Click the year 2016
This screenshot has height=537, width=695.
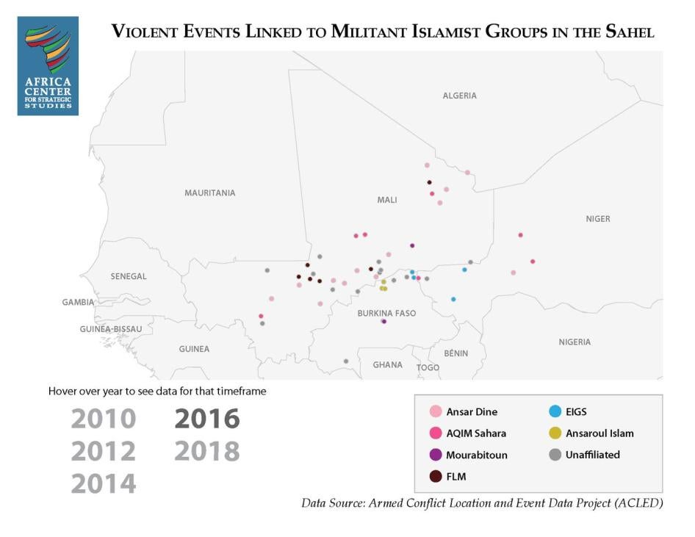[x=206, y=419]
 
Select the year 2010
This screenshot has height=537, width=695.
[x=104, y=419]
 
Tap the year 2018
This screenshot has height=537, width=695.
[x=206, y=451]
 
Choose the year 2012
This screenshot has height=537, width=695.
[x=104, y=451]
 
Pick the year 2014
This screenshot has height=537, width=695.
[x=104, y=483]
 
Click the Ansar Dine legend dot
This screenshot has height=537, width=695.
[x=436, y=412]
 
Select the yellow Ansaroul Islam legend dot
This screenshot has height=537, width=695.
[x=555, y=433]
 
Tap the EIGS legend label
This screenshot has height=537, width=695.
[x=576, y=412]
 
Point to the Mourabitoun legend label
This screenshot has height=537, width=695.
[x=477, y=455]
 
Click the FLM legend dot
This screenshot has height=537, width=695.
[x=436, y=477]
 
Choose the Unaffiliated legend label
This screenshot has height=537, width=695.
[x=592, y=455]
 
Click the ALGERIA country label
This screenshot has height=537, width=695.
[x=459, y=95]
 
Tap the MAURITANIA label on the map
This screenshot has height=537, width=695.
[x=209, y=193]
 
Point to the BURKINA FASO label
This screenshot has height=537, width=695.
[x=386, y=313]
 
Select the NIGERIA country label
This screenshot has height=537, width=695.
[x=574, y=342]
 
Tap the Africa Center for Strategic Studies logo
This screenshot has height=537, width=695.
[x=48, y=66]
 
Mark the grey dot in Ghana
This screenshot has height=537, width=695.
[x=346, y=361]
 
